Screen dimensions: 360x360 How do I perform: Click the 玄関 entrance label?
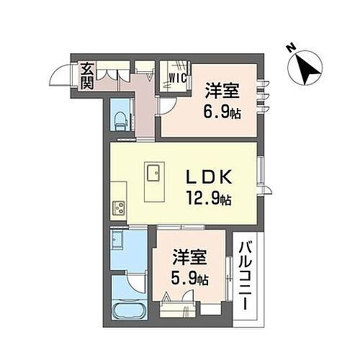tap(86, 76)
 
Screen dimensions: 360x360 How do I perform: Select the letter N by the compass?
tap(288, 48)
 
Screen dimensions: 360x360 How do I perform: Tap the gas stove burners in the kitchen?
tap(117, 209)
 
